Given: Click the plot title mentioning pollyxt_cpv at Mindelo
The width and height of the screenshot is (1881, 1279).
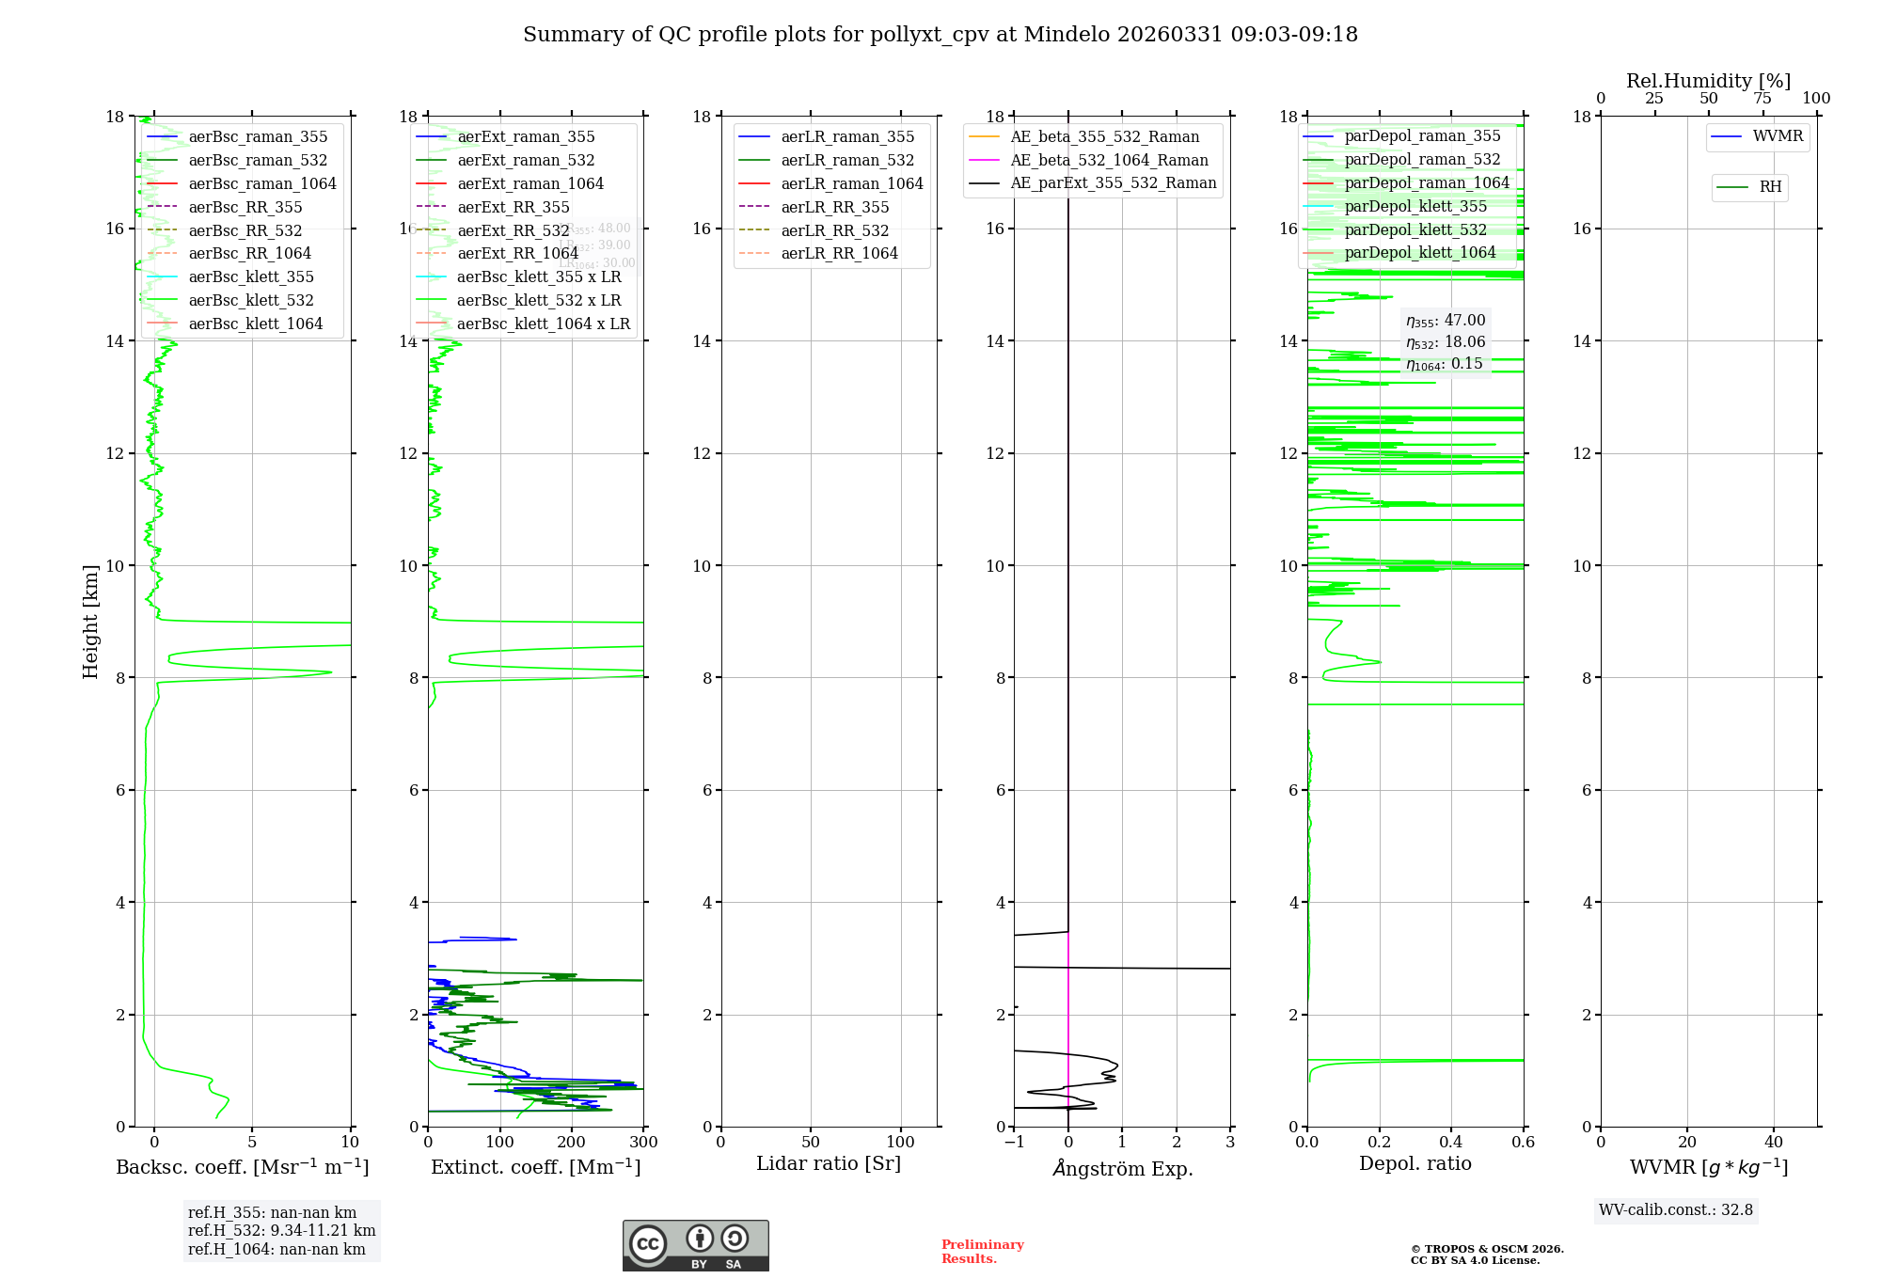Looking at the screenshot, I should (x=940, y=35).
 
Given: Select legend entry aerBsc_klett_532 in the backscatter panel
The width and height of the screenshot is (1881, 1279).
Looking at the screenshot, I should (x=251, y=300).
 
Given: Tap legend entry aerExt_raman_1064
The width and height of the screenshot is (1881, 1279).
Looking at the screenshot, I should (x=530, y=183).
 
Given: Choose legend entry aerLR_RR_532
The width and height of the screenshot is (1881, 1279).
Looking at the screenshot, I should (x=834, y=230).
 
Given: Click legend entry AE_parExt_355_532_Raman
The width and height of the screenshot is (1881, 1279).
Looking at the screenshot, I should (x=1113, y=182).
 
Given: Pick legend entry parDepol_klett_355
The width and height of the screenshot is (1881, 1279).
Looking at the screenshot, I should (x=1415, y=206).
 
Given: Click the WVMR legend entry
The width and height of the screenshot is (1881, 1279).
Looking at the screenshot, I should (x=1778, y=136).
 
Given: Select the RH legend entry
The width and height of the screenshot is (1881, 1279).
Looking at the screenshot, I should (x=1770, y=187).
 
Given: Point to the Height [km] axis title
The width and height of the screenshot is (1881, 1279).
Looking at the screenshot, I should (x=90, y=621).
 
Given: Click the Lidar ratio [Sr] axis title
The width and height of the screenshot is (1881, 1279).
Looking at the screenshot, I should (x=829, y=1163).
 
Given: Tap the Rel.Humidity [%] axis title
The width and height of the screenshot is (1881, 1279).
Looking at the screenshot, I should (x=1708, y=81).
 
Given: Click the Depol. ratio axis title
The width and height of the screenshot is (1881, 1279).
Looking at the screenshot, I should (x=1415, y=1163).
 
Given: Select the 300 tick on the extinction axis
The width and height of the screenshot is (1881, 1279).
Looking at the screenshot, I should (x=644, y=1143).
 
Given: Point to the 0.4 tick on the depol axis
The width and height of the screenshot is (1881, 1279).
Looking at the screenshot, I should (x=1451, y=1143).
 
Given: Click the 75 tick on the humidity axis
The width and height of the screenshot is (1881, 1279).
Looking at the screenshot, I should (x=1762, y=99).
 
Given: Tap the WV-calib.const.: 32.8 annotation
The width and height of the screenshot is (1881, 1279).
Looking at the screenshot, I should (x=1675, y=1210).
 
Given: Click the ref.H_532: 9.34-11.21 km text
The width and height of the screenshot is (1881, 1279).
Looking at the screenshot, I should (x=281, y=1230).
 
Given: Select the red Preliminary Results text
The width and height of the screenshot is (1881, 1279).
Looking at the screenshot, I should (x=982, y=1252).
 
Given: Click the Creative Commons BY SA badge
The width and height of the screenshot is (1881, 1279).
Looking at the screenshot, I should (x=695, y=1245).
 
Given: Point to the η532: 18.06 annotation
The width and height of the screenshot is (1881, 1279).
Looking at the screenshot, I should (x=1446, y=342).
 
